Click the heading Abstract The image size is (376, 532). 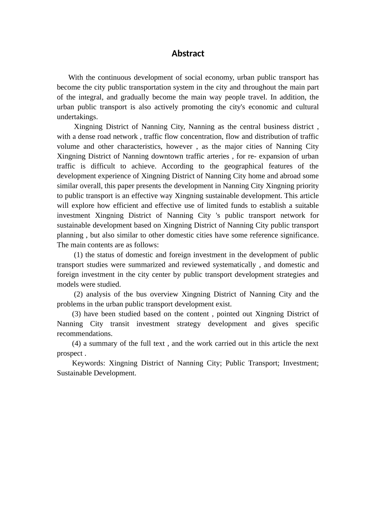pyautogui.click(x=188, y=53)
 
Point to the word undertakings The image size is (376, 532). pyautogui.click(x=77, y=117)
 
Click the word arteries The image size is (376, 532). pyautogui.click(x=216, y=156)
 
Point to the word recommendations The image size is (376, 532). pyautogui.click(x=84, y=334)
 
